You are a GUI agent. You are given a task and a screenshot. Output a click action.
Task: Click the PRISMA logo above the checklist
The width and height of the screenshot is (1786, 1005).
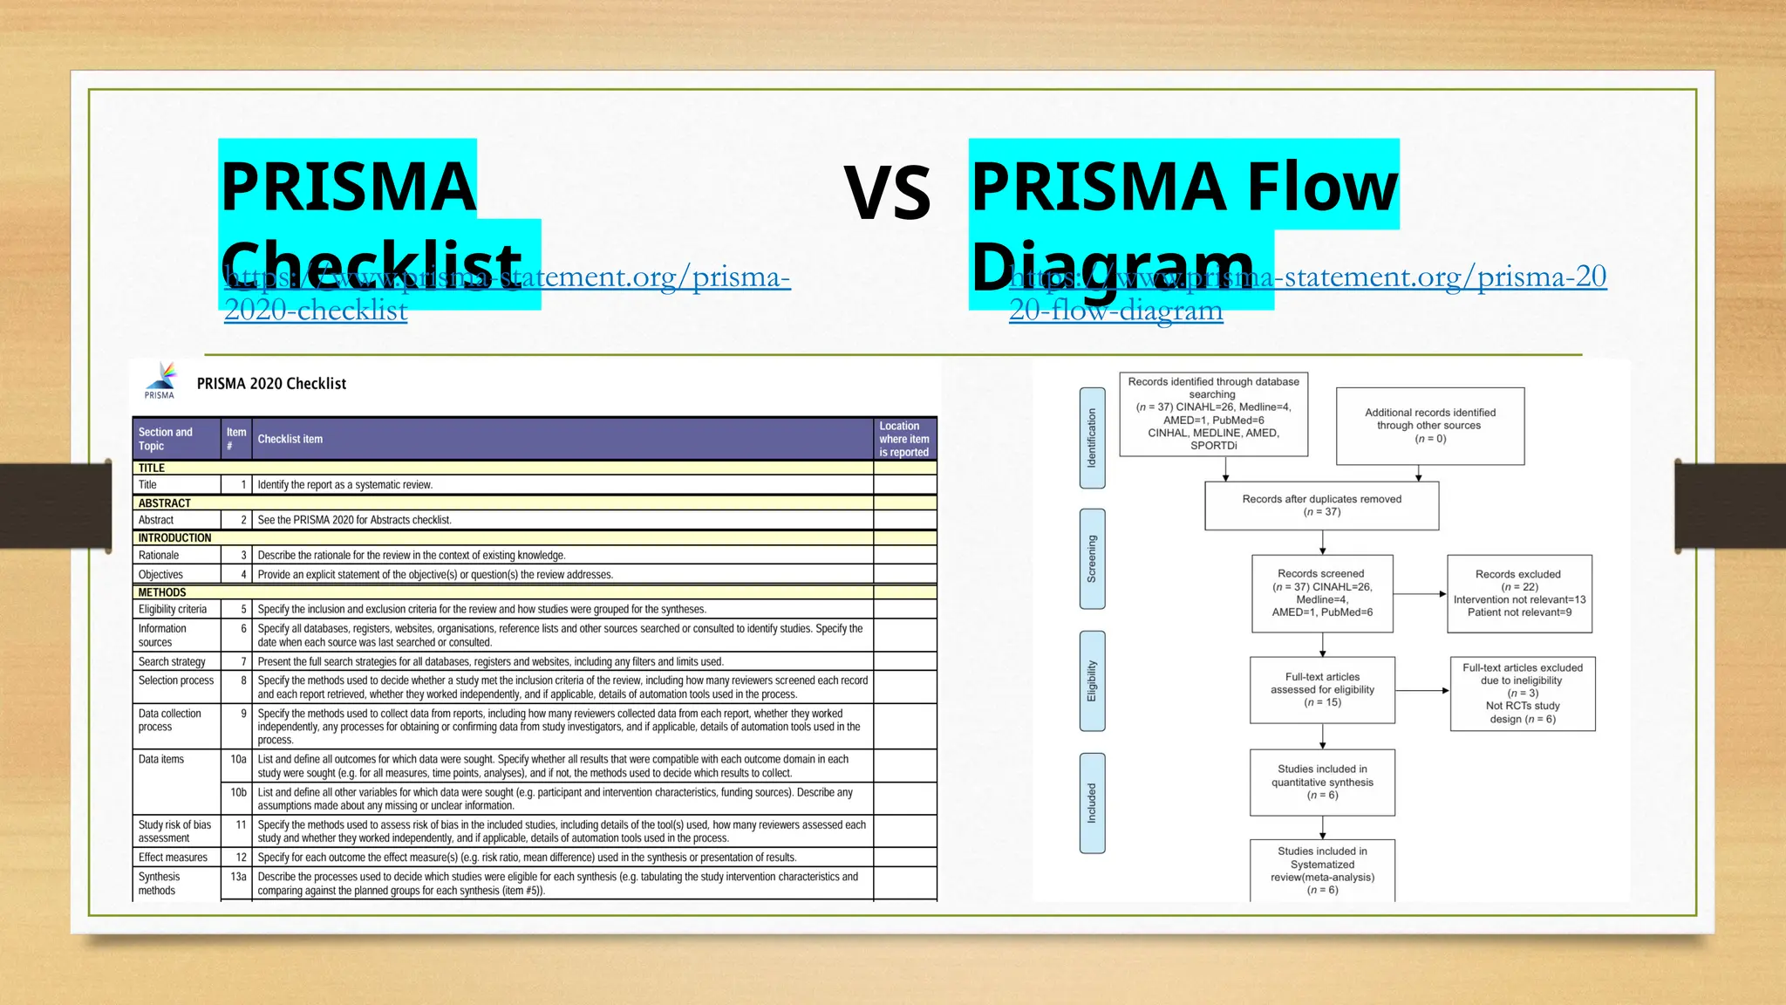pos(160,380)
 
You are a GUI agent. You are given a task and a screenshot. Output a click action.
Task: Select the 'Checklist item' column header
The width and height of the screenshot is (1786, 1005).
pos(290,439)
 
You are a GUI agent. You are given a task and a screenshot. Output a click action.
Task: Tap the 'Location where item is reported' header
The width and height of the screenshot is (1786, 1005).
pos(904,439)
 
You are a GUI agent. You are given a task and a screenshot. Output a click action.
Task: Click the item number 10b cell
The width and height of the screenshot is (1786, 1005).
pos(238,792)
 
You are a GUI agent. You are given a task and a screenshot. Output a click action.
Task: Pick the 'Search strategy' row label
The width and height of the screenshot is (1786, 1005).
pos(172,661)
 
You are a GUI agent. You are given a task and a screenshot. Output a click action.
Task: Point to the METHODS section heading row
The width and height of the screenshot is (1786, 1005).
pos(162,592)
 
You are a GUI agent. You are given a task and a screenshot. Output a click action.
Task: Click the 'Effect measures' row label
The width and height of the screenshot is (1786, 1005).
pos(173,858)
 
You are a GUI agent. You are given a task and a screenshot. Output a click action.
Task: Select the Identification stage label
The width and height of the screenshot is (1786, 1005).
pos(1092,438)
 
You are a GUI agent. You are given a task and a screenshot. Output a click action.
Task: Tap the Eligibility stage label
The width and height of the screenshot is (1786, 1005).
pos(1092,680)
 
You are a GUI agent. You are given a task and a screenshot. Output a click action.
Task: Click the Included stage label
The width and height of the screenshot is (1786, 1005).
pos(1092,803)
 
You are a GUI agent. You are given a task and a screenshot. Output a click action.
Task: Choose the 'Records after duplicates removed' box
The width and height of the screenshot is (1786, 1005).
pos(1321,505)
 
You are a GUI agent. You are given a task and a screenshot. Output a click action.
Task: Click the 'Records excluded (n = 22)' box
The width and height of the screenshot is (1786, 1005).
pos(1519,593)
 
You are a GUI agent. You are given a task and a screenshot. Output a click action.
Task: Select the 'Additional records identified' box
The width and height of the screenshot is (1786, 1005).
pos(1430,426)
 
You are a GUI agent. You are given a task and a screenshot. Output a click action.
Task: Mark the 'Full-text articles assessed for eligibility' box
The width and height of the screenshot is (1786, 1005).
pos(1322,689)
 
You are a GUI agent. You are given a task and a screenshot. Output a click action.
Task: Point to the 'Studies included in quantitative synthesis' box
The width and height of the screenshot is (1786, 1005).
pos(1322,782)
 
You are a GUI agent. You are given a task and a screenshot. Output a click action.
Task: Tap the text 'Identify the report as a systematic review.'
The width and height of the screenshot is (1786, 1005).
pos(344,485)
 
